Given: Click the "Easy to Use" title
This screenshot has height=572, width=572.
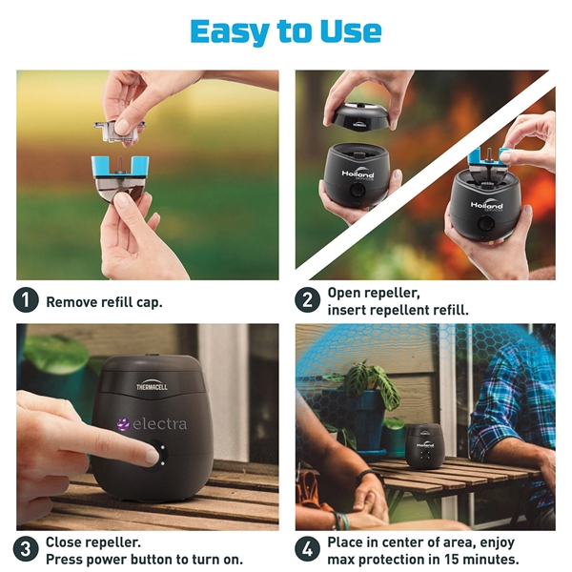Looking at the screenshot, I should [286, 31].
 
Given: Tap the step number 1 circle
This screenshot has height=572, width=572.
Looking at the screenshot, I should [27, 300].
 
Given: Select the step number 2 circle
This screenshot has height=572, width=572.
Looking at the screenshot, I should [307, 300].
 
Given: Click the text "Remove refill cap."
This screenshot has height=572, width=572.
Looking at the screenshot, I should [104, 301].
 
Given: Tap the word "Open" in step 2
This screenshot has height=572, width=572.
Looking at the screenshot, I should [344, 293].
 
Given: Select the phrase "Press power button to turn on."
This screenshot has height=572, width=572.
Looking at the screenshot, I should [144, 559].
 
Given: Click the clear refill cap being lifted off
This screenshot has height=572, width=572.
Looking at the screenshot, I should [122, 125].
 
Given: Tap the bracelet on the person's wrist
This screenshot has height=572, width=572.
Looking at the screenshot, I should [338, 520].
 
